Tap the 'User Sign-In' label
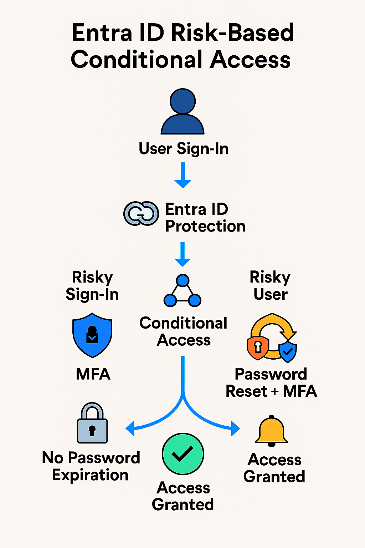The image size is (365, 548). [184, 149]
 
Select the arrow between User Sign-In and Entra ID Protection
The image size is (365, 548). [183, 175]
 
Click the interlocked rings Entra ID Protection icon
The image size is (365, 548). [141, 213]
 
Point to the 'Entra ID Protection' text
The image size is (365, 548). [205, 218]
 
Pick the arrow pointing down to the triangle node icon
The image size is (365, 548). [183, 254]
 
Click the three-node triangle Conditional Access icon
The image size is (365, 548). [182, 291]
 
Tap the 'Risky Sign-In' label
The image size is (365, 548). [92, 285]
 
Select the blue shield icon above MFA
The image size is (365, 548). [92, 335]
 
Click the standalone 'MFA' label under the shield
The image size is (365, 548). [93, 374]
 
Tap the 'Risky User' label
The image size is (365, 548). [270, 285]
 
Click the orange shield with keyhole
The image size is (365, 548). [258, 347]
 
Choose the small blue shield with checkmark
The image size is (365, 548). [287, 352]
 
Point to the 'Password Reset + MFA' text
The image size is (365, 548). [271, 382]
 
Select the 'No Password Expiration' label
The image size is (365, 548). [91, 466]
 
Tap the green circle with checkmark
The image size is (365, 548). [183, 454]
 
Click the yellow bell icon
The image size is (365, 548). [272, 431]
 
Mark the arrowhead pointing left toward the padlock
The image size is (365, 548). [130, 428]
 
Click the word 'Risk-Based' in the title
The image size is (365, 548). [232, 33]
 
